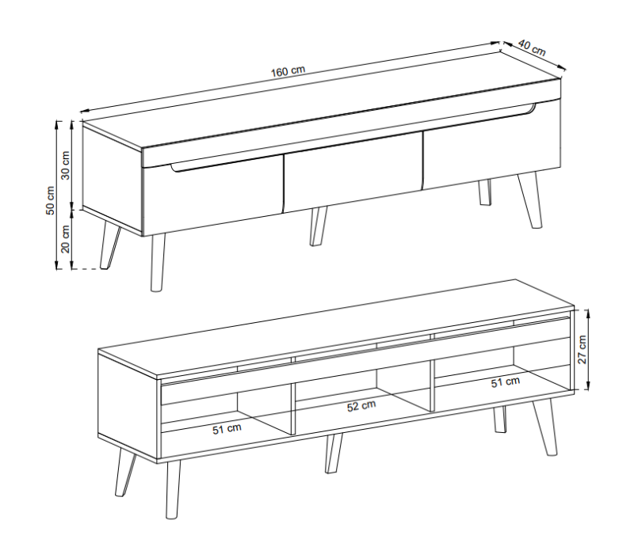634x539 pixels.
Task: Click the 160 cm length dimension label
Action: coord(288,71)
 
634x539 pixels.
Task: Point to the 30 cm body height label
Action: coord(67,164)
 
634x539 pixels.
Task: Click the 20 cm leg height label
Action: coord(67,238)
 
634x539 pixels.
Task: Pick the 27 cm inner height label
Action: coord(582,348)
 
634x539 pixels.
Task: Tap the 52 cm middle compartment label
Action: coord(361,407)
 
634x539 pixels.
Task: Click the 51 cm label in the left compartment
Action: coord(227,428)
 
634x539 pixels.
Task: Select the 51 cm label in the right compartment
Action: coord(506,382)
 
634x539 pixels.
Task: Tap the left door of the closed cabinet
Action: coord(212,194)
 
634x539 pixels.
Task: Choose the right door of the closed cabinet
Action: coord(491,146)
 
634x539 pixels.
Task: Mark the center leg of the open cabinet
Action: coord(333,454)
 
